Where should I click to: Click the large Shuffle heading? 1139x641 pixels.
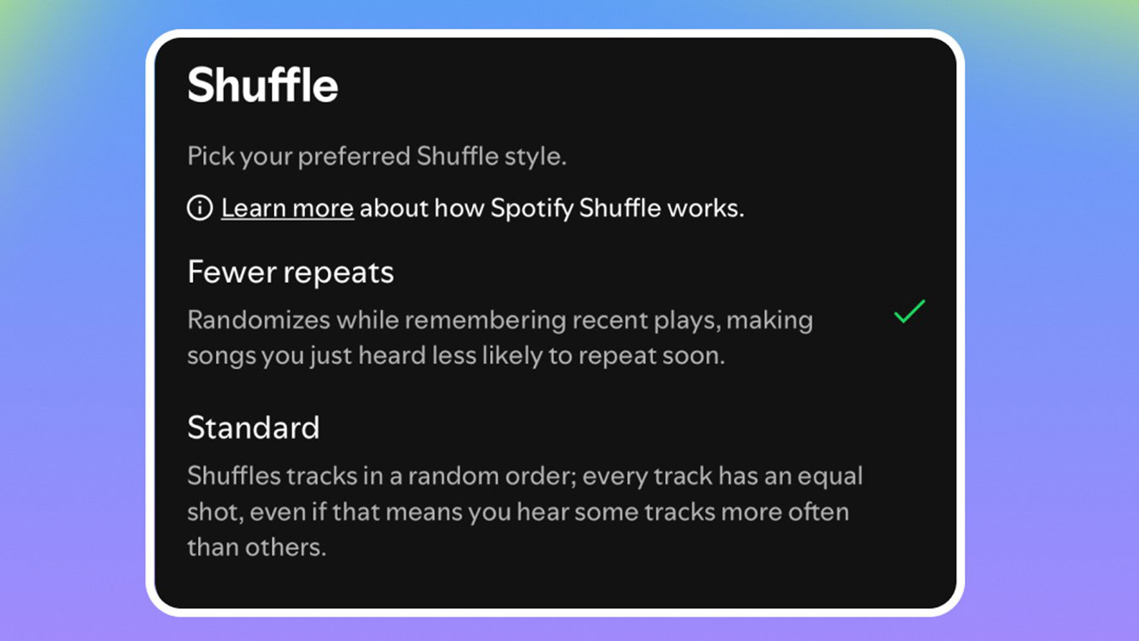pos(262,86)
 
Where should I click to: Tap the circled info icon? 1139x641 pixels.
pos(200,208)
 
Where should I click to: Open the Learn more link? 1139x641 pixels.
pos(287,208)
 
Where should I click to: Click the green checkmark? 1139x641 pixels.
pos(909,312)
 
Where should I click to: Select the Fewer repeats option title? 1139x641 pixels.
pos(290,273)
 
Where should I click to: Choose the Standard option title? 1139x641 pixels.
pos(253,427)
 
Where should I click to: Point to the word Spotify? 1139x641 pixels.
pos(532,208)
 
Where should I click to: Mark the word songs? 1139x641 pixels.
pos(220,356)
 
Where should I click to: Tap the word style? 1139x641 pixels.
pos(537,157)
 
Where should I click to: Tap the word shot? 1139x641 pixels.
pos(209,512)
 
